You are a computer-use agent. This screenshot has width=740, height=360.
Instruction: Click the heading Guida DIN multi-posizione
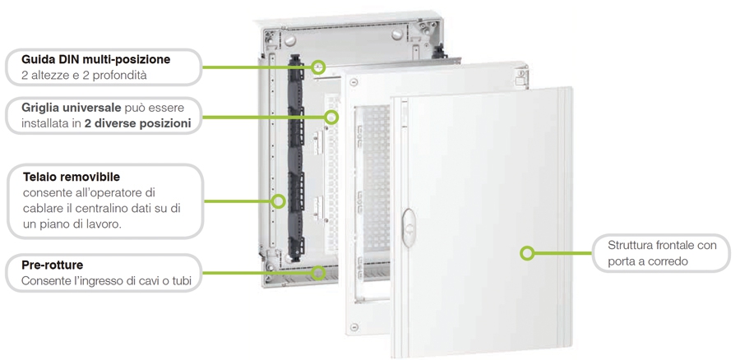click(x=96, y=59)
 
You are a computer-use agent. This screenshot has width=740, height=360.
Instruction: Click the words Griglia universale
click(x=72, y=108)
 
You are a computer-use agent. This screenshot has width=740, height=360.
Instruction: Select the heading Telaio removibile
click(x=72, y=177)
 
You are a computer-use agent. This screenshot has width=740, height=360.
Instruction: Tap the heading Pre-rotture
click(x=53, y=265)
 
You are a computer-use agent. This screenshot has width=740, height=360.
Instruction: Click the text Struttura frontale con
click(x=662, y=246)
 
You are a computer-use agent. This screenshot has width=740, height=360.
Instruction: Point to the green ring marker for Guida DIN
click(x=320, y=67)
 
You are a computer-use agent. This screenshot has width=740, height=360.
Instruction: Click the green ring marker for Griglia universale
click(x=332, y=117)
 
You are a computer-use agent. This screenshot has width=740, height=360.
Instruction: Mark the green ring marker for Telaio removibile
click(x=279, y=201)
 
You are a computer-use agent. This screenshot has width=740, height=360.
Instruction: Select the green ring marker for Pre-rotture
click(x=320, y=272)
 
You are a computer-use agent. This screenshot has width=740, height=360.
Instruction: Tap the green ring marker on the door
click(x=527, y=253)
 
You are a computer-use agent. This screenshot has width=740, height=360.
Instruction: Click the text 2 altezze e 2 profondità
click(x=84, y=76)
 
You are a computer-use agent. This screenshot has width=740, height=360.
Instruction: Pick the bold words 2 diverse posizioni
click(x=138, y=123)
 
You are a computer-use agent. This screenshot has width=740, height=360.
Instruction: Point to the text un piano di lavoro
click(x=72, y=224)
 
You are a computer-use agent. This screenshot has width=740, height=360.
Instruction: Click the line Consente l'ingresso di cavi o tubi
click(x=106, y=281)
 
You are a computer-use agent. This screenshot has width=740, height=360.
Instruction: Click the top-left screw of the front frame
click(x=354, y=82)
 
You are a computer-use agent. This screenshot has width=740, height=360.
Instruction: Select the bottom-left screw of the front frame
click(x=354, y=327)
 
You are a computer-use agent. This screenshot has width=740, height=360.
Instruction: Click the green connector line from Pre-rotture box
click(x=257, y=273)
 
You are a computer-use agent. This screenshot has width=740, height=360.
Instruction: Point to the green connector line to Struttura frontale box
click(x=562, y=253)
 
